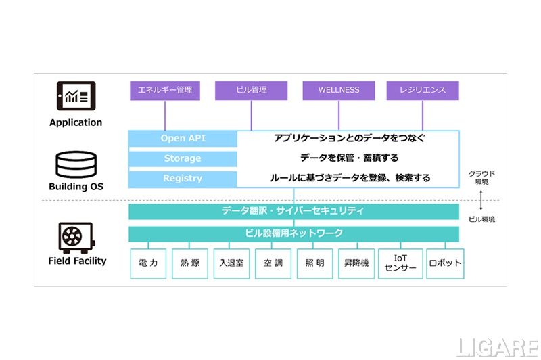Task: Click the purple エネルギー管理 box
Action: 165,90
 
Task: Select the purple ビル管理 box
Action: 251,90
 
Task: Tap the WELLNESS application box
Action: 338,90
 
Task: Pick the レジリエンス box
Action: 423,90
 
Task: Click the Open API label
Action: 183,139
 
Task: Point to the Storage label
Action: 183,158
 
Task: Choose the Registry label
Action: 183,178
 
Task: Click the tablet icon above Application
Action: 76,95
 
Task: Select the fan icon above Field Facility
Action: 76,238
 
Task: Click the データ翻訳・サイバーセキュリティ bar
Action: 293,211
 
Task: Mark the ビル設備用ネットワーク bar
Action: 293,233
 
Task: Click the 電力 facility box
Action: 147,263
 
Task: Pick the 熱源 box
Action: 189,263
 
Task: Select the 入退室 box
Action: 231,263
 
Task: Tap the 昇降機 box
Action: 356,263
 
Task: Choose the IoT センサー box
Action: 400,263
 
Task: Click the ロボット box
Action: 445,263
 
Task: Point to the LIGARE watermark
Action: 497,347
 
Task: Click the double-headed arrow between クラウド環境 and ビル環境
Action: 481,200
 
